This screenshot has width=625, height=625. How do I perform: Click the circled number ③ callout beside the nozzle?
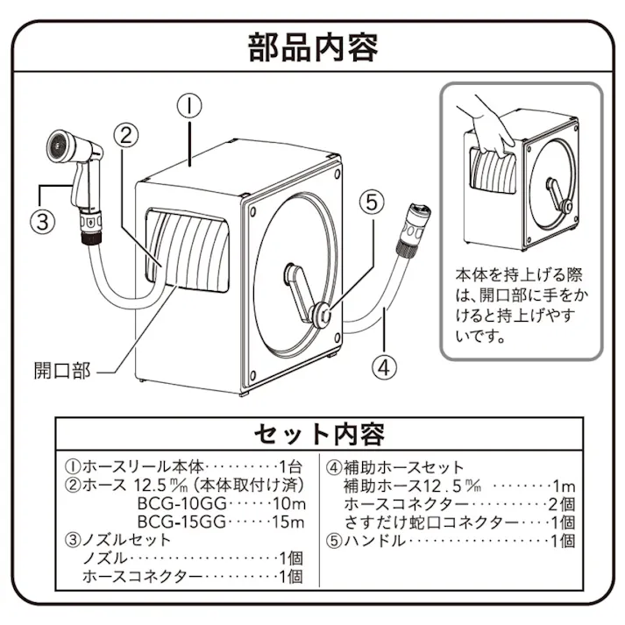coord(43,220)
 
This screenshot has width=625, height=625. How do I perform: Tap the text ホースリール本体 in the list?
coord(132,467)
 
